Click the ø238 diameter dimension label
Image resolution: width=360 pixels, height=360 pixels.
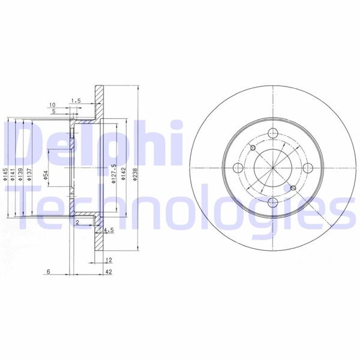135,174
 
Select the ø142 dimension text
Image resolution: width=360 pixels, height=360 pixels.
124,174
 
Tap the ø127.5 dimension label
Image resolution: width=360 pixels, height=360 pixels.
113,174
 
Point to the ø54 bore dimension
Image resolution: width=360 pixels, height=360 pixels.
46,175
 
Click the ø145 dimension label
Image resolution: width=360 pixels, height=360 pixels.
5,174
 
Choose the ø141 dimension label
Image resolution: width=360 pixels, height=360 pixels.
13,174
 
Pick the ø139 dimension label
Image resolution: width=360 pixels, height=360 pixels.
20,174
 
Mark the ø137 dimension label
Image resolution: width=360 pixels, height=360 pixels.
29,174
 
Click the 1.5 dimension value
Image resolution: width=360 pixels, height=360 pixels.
76,100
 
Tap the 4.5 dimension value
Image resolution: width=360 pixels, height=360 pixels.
109,230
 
